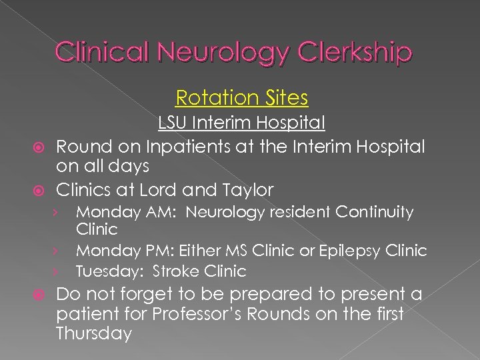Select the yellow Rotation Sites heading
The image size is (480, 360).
click(241, 98)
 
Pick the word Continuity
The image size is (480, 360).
click(374, 213)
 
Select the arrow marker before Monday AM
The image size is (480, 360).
click(59, 213)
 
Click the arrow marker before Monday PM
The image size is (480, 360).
click(59, 251)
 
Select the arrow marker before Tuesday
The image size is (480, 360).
click(59, 271)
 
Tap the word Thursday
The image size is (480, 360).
click(94, 333)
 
